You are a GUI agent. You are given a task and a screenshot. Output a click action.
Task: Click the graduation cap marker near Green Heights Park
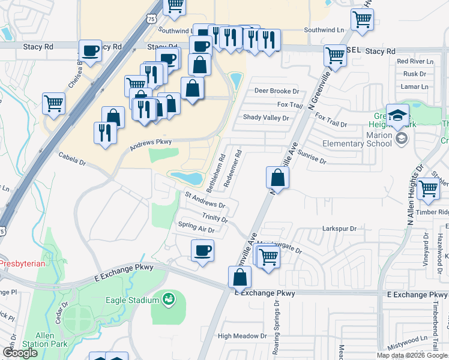pyautogui.click(x=397, y=115)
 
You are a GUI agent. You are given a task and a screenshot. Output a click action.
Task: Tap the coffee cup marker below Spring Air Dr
pyautogui.click(x=202, y=250)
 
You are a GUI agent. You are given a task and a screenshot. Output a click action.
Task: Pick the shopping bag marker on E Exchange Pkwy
pyautogui.click(x=240, y=278)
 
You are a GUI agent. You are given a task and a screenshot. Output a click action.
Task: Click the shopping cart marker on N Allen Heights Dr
pyautogui.click(x=429, y=188)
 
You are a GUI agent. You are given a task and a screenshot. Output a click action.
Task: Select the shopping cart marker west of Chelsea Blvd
pyautogui.click(x=54, y=103)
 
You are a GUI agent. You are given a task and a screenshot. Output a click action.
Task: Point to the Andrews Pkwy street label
pyautogui.click(x=151, y=142)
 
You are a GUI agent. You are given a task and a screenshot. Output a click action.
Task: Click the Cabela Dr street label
pyautogui.click(x=72, y=158)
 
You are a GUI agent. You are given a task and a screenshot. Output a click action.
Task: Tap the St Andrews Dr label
pyautogui.click(x=205, y=200)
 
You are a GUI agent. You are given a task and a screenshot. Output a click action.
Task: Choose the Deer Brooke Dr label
pyautogui.click(x=276, y=91)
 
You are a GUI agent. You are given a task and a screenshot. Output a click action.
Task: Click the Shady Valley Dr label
pyautogui.click(x=265, y=118)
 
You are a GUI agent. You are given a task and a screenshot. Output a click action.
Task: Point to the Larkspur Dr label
pyautogui.click(x=339, y=229)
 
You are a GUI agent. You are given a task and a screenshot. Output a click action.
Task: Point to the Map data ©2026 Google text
pyautogui.click(x=411, y=355)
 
